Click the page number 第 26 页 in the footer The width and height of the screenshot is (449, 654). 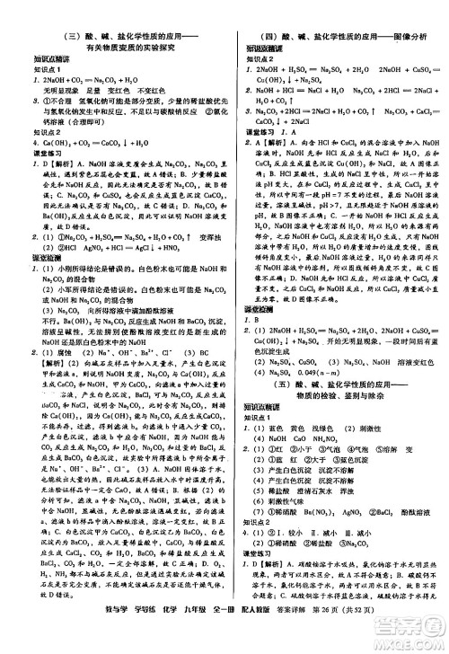pos(308,641)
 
